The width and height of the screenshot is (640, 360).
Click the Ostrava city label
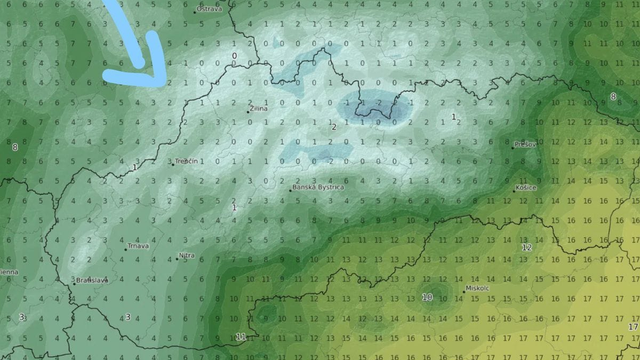click(209, 8)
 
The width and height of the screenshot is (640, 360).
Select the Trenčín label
click(188, 161)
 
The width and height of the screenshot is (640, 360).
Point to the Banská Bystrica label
click(319, 187)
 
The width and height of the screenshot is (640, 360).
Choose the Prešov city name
click(526, 144)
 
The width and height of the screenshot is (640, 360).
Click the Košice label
click(526, 187)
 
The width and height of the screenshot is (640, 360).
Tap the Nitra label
click(187, 256)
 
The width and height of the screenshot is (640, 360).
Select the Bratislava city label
click(93, 281)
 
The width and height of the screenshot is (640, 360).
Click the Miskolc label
click(478, 288)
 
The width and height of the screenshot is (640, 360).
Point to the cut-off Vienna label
click(8, 270)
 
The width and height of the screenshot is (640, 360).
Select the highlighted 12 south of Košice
click(526, 247)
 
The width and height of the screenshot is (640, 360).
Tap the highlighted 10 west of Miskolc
click(427, 297)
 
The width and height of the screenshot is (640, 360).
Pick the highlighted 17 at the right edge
click(632, 327)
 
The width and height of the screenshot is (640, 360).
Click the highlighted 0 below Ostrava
click(234, 56)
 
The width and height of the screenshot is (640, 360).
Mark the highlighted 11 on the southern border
click(239, 337)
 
